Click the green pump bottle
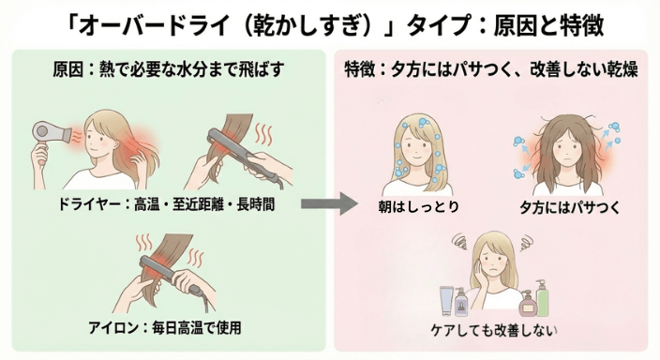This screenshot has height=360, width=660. [541, 297]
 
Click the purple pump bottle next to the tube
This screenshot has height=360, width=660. [462, 300]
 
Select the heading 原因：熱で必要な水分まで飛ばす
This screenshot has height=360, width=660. [169, 69]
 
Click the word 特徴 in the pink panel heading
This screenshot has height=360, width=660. [362, 69]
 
